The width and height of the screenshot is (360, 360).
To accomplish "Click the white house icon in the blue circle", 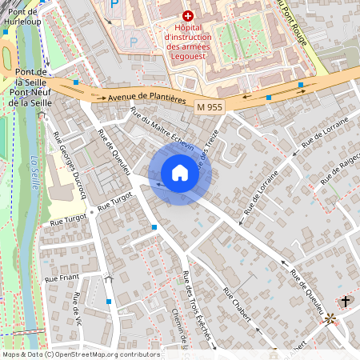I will pyautogui.click(x=179, y=173).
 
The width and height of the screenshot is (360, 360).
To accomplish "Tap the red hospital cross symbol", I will pyautogui.click(x=188, y=15).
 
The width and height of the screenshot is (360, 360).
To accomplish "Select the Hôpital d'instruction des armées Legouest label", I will pyautogui.click(x=189, y=36).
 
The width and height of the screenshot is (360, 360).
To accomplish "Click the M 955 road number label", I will pyautogui.click(x=209, y=106).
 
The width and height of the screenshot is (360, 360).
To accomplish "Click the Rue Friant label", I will pyautogui.click(x=62, y=278).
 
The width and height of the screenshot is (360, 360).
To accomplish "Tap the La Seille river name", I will pyautogui.click(x=33, y=168).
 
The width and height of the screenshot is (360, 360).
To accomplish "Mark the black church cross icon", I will pyautogui.click(x=346, y=301).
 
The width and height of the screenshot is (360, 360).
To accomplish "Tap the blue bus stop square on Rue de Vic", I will pyautogui.click(x=109, y=302).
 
